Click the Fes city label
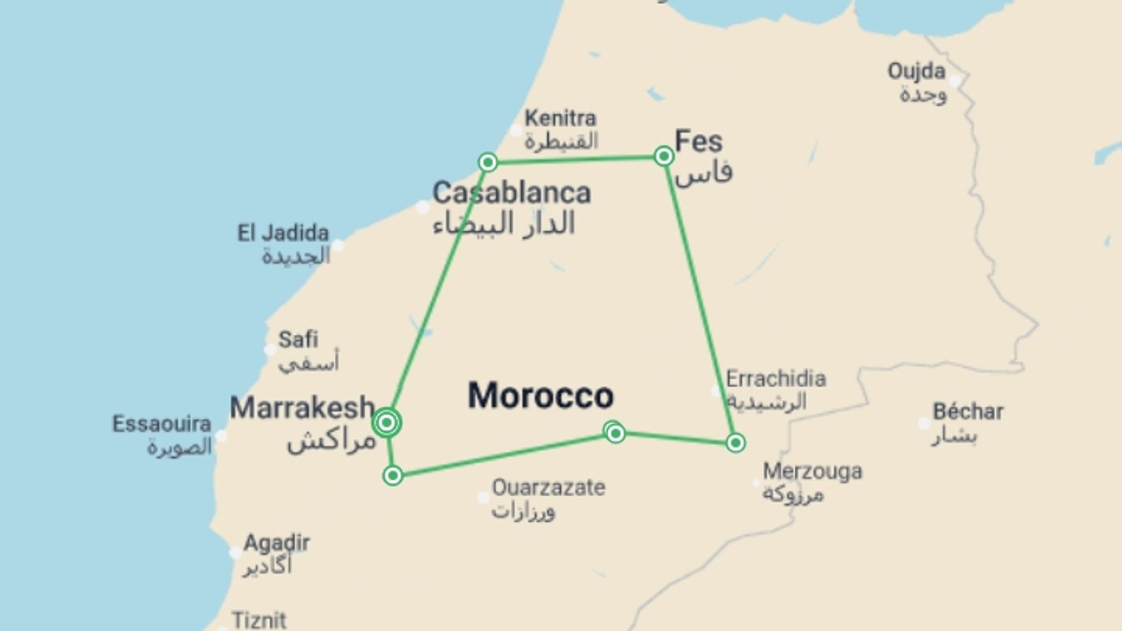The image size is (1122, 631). (x=698, y=142)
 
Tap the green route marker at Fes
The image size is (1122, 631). (x=664, y=156)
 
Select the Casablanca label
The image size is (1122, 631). (x=512, y=193)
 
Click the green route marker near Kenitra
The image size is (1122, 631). (x=488, y=162)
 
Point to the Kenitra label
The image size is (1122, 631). (x=560, y=119)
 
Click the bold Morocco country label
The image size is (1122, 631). (x=541, y=396)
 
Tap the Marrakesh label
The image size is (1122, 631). (x=302, y=408)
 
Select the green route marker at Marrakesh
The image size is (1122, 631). (x=387, y=422)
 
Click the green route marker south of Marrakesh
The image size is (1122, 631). (x=393, y=476)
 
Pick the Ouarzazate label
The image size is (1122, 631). (x=548, y=487)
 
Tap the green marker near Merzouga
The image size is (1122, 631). (x=736, y=443)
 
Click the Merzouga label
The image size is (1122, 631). (x=812, y=471)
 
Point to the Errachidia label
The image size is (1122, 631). (x=775, y=379)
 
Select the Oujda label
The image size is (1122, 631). (x=916, y=71)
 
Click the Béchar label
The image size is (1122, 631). (x=968, y=412)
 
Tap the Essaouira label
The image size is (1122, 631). (x=162, y=424)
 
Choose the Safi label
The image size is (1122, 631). (x=298, y=339)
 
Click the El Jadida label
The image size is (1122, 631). (x=283, y=234)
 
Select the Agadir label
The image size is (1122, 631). (x=276, y=543)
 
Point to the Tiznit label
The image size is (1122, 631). (x=259, y=619)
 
